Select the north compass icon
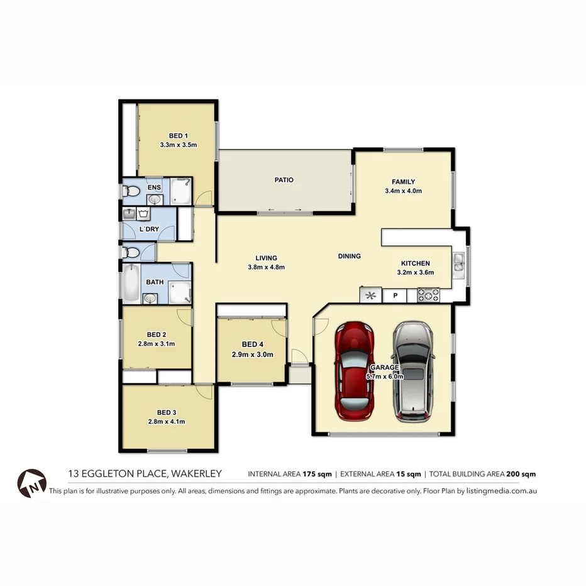[x=32, y=483]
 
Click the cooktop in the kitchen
[x=429, y=295]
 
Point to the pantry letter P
[x=395, y=295]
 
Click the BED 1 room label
[x=179, y=136]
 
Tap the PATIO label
[x=284, y=180]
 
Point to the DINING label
[x=350, y=256]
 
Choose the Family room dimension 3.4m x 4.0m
[x=403, y=191]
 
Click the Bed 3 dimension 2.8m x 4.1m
[x=167, y=422]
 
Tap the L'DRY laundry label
[x=150, y=229]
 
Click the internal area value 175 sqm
[x=316, y=474]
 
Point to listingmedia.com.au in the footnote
[x=501, y=491]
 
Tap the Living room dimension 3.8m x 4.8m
[x=267, y=267]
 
